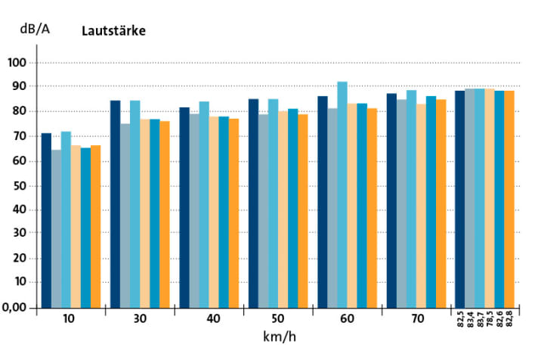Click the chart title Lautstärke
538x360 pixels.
pos(113,33)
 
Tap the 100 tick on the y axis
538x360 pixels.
pos(16,62)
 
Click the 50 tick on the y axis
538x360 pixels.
pos(18,185)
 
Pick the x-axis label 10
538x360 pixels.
pos(70,319)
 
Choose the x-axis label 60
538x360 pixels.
pos(348,319)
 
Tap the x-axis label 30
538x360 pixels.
pos(140,319)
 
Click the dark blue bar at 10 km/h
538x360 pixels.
pos(46,219)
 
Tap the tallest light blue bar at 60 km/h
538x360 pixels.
pos(342,194)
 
